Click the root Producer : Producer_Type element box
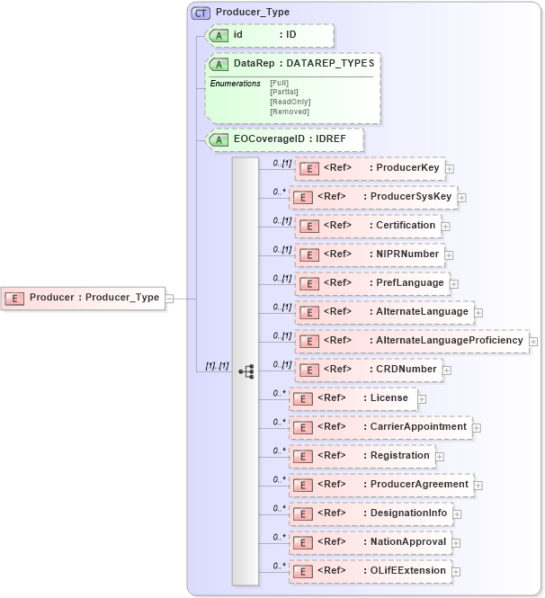[x=84, y=298]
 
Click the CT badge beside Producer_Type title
[x=201, y=13]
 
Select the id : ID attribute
[x=270, y=35]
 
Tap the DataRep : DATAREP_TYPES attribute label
[x=291, y=64]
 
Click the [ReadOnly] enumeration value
[x=290, y=102]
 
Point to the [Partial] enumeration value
[x=283, y=92]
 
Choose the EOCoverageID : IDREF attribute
[x=284, y=139]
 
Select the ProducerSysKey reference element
[x=373, y=197]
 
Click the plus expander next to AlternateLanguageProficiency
[x=533, y=342]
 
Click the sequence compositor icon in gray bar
[x=246, y=370]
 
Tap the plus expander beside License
[x=422, y=398]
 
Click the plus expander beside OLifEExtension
[x=455, y=571]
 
